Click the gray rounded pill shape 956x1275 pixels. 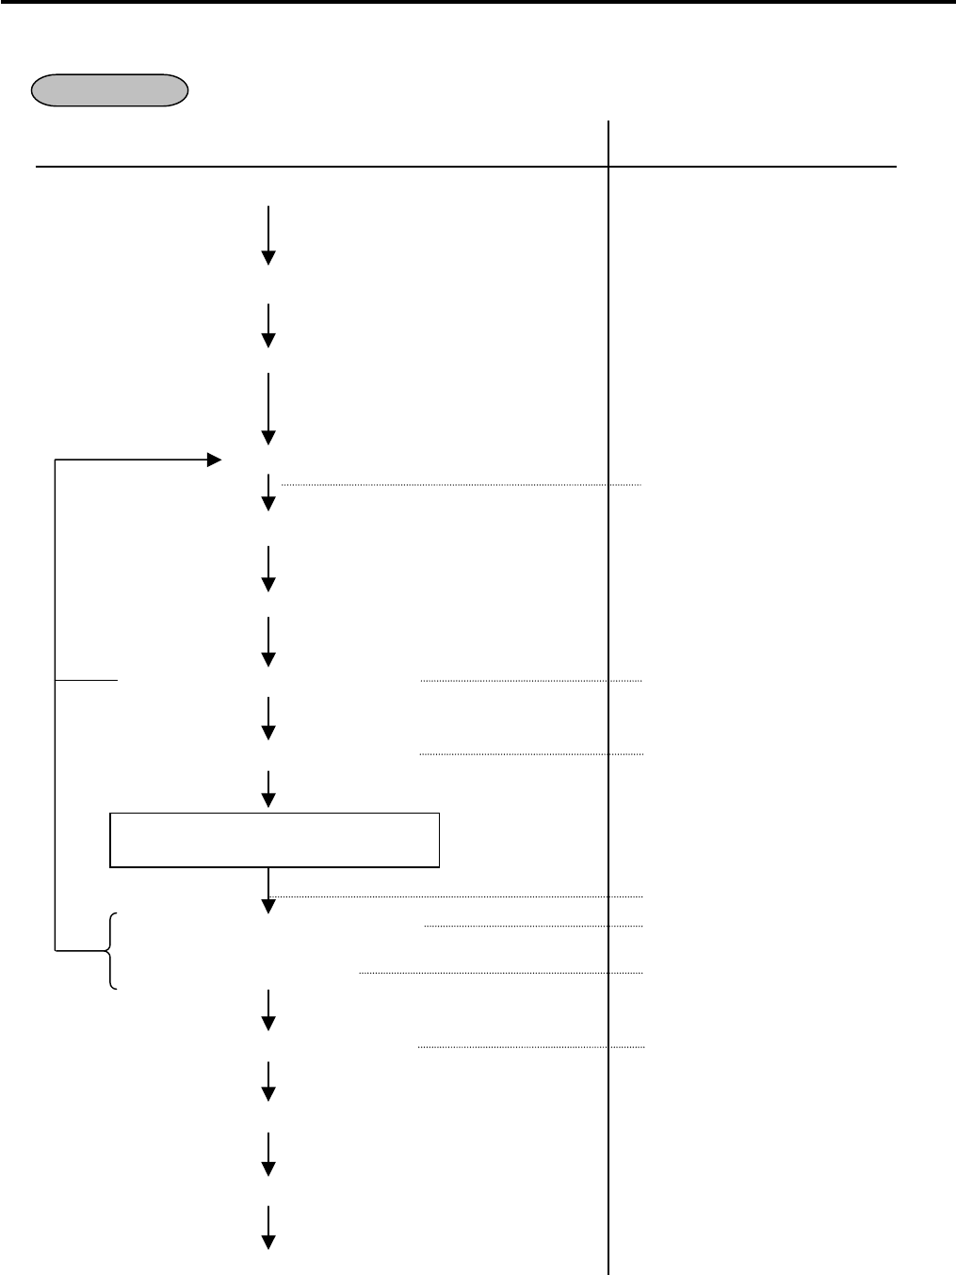point(109,90)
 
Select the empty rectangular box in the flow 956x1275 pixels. point(274,839)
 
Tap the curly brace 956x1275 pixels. point(112,951)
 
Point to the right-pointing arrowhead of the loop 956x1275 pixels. point(214,460)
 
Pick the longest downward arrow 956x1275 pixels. point(268,409)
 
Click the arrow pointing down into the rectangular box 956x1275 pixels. point(268,789)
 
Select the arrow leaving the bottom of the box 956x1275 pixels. point(268,891)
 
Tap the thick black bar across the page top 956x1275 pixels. point(478,3)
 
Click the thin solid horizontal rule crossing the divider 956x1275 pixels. point(465,167)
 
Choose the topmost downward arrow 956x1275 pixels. point(268,234)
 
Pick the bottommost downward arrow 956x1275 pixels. point(268,1227)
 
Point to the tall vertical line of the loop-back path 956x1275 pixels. point(56,706)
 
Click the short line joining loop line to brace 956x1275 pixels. point(81,951)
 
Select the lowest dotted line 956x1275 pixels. point(530,1046)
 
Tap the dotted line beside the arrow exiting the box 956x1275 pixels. point(462,896)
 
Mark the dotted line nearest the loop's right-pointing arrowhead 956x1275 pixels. point(461,485)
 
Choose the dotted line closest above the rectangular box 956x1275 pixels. point(531,754)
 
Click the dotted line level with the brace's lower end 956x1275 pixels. point(500,973)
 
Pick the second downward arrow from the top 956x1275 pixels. point(268,326)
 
